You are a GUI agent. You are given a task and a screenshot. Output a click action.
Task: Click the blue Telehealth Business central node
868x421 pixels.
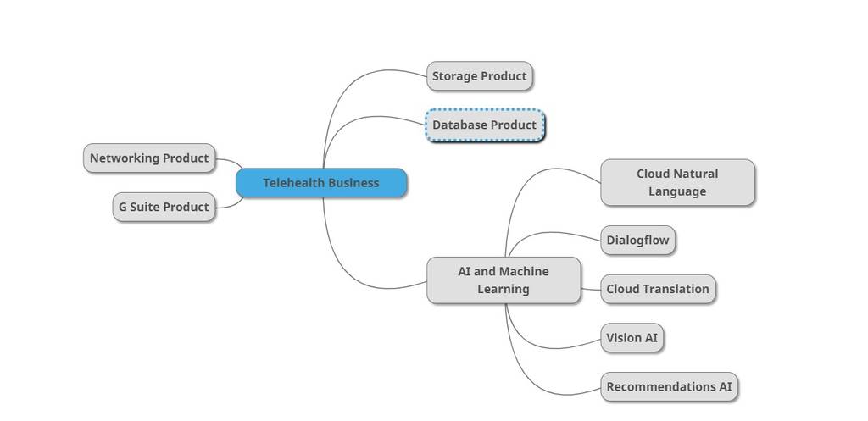pyautogui.click(x=321, y=183)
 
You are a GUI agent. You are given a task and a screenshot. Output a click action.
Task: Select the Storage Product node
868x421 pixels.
pyautogui.click(x=480, y=75)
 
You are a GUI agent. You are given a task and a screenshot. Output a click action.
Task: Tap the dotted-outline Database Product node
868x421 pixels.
pyautogui.click(x=485, y=125)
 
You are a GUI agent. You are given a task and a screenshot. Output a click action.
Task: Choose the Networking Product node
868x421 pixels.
pyautogui.click(x=149, y=158)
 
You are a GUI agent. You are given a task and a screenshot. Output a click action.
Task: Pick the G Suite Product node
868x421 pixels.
pyautogui.click(x=164, y=207)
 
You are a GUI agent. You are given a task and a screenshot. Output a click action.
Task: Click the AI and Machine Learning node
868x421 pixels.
pyautogui.click(x=504, y=280)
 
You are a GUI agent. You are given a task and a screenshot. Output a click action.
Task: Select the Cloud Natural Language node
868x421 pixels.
pyautogui.click(x=677, y=183)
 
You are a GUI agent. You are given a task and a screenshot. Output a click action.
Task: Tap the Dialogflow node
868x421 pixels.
pyautogui.click(x=638, y=240)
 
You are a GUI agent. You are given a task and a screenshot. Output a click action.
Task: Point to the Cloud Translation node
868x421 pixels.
pyautogui.click(x=658, y=289)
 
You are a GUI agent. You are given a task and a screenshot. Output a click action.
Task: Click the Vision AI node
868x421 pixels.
pyautogui.click(x=632, y=337)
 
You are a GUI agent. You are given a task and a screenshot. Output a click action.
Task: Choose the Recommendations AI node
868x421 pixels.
pyautogui.click(x=670, y=386)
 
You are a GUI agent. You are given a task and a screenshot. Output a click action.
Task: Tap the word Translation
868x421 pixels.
pyautogui.click(x=677, y=289)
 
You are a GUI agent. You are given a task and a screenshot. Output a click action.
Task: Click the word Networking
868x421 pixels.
pyautogui.click(x=125, y=158)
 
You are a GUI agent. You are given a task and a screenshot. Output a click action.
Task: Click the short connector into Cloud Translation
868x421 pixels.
pyautogui.click(x=591, y=289)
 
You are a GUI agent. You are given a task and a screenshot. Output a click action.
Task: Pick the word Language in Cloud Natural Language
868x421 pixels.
pyautogui.click(x=677, y=192)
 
